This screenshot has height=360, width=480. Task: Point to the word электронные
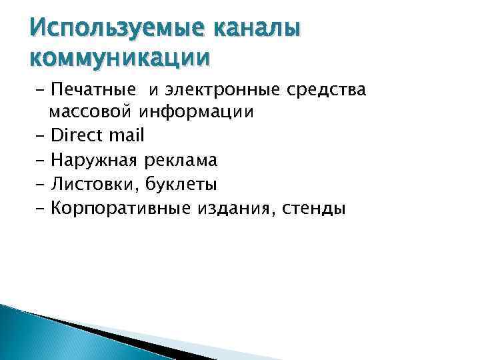pos(223,89)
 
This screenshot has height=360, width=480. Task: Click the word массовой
pos(91,112)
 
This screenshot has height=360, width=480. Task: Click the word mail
pos(127,136)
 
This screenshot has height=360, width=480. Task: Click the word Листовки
pos(91,184)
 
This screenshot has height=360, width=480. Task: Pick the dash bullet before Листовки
pos(37,185)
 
